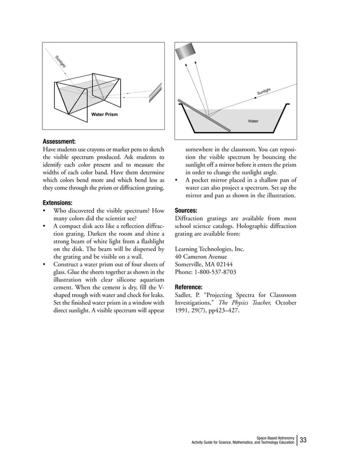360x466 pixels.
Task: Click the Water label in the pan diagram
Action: (253, 121)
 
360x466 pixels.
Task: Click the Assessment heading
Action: (60, 141)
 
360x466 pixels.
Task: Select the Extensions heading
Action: (58, 202)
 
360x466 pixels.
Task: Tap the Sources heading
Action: (186, 210)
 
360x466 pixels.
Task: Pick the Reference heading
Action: (190, 287)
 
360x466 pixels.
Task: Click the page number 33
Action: (304, 439)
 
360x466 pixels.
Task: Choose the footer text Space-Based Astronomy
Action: (275, 437)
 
